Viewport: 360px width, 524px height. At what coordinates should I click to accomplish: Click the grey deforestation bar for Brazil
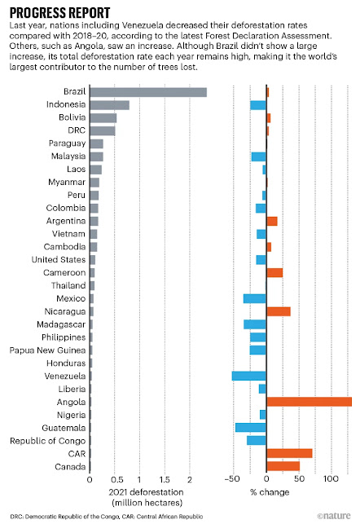pyautogui.click(x=148, y=92)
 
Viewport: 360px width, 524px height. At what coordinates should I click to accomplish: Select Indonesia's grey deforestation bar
pyautogui.click(x=109, y=105)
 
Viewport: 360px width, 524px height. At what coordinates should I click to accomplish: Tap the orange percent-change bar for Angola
pyautogui.click(x=310, y=402)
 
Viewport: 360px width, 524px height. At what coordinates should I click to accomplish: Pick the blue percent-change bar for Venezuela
pyautogui.click(x=249, y=376)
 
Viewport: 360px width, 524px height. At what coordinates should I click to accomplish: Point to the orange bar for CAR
pyautogui.click(x=289, y=453)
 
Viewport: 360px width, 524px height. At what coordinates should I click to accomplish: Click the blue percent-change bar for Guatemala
pyautogui.click(x=251, y=427)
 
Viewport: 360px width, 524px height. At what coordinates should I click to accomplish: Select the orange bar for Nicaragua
pyautogui.click(x=279, y=311)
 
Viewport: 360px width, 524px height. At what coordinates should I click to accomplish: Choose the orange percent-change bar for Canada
pyautogui.click(x=283, y=466)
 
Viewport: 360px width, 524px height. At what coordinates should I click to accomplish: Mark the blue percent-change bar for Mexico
pyautogui.click(x=255, y=298)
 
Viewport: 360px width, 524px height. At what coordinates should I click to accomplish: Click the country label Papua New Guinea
pyautogui.click(x=47, y=350)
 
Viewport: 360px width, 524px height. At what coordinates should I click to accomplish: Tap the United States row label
pyautogui.click(x=59, y=260)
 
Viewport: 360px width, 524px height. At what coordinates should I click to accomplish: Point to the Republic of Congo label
pyautogui.click(x=48, y=441)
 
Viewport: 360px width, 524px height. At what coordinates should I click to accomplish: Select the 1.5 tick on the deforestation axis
pyautogui.click(x=165, y=480)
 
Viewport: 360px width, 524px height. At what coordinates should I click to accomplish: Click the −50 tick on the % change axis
pyautogui.click(x=232, y=479)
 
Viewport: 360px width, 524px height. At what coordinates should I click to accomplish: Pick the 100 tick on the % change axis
pyautogui.click(x=331, y=479)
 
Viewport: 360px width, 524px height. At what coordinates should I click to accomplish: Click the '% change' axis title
pyautogui.click(x=270, y=492)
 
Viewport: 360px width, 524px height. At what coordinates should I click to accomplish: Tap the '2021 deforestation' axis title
pyautogui.click(x=146, y=492)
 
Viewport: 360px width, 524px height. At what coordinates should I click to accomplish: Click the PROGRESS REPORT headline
pyautogui.click(x=59, y=13)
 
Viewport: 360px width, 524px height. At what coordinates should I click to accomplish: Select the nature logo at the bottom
pyautogui.click(x=333, y=516)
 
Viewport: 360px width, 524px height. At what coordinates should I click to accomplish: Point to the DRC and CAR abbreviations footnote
pyautogui.click(x=106, y=517)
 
